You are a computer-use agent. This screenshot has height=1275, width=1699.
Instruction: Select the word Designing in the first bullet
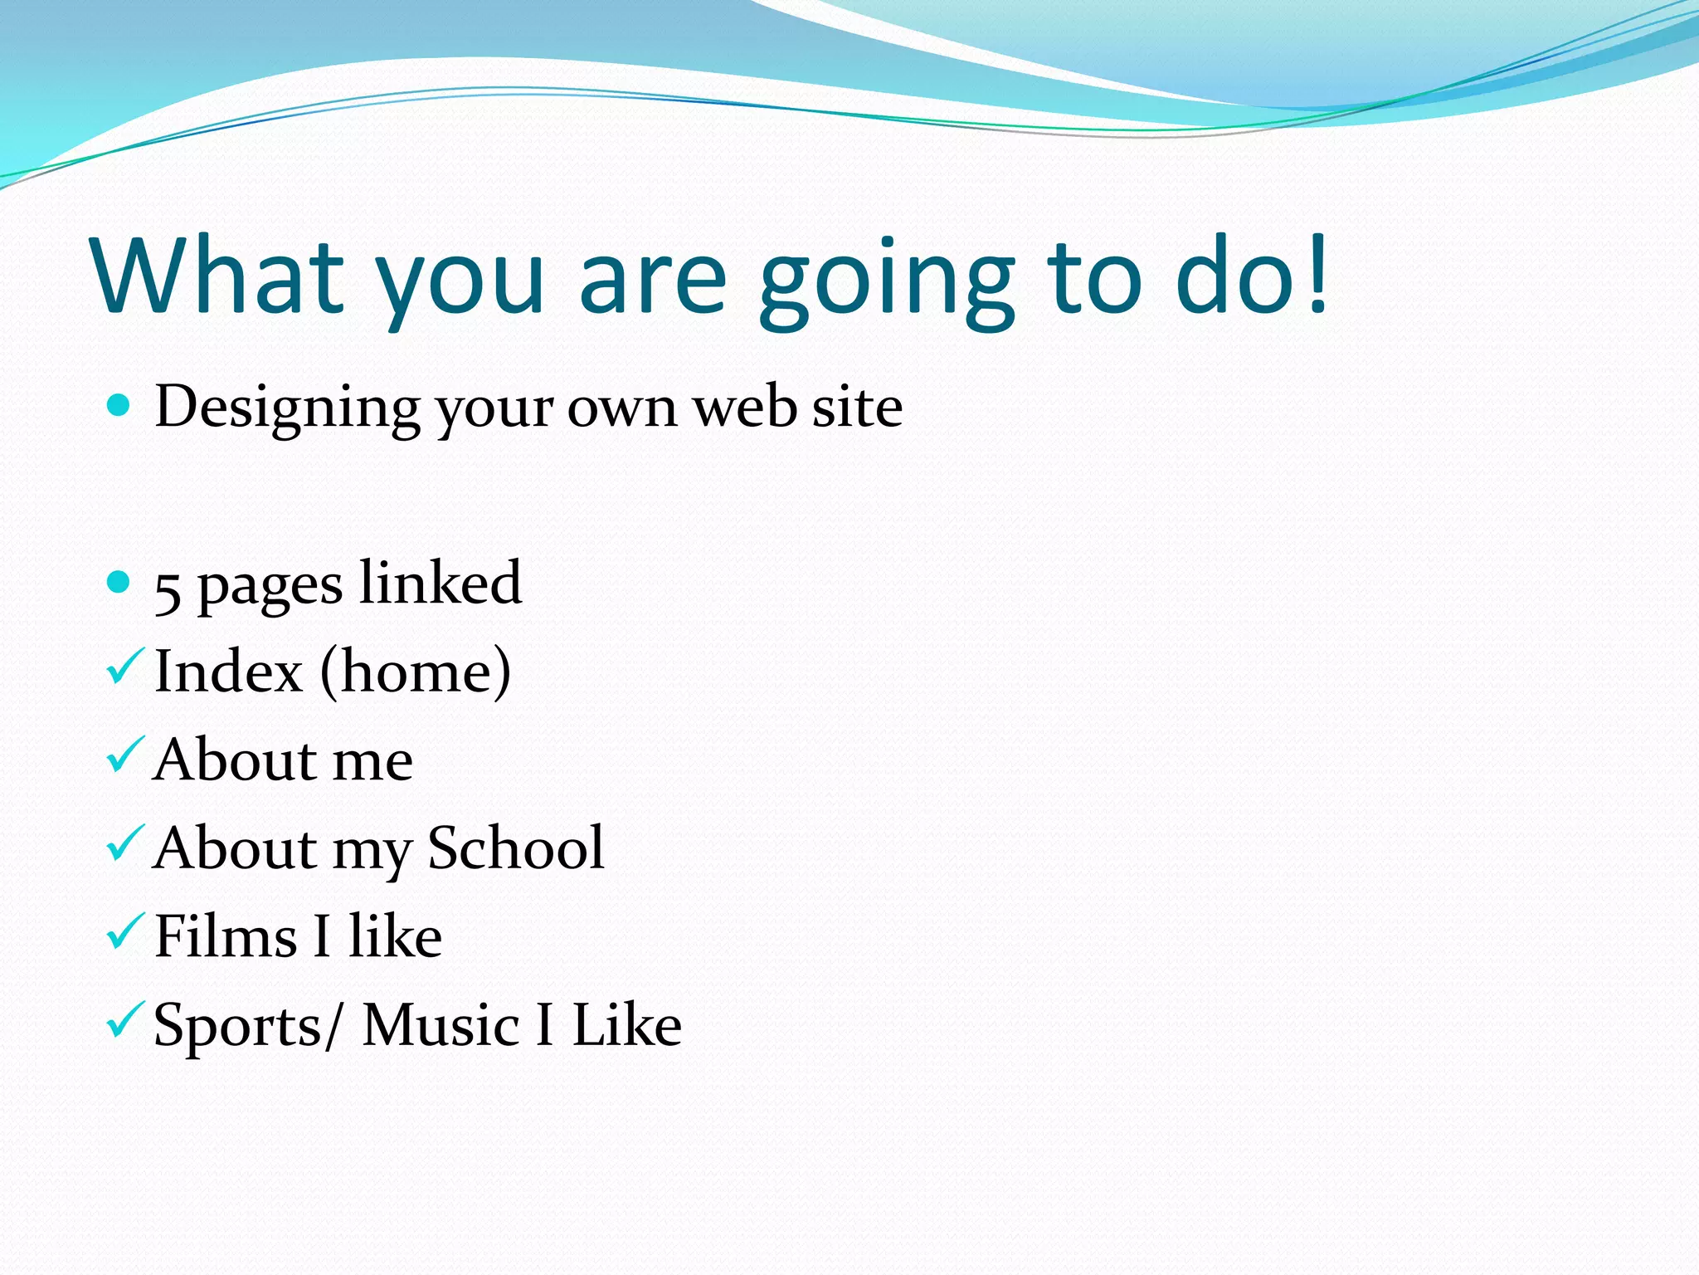pyautogui.click(x=287, y=408)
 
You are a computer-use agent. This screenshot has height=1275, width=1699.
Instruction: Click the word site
pyautogui.click(x=857, y=408)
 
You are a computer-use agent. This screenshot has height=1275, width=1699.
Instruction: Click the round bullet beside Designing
pyautogui.click(x=119, y=405)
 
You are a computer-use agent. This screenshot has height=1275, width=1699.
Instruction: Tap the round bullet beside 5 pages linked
pyautogui.click(x=119, y=581)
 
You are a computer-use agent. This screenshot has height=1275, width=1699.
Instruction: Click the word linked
pyautogui.click(x=441, y=583)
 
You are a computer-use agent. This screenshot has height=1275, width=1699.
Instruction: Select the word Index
pyautogui.click(x=228, y=672)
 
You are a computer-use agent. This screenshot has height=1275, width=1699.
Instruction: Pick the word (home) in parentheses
pyautogui.click(x=415, y=672)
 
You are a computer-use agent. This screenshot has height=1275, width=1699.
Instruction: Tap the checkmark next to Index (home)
pyautogui.click(x=125, y=667)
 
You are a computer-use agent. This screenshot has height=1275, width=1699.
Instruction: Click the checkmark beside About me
pyautogui.click(x=125, y=755)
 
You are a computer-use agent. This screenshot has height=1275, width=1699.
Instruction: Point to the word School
pyautogui.click(x=516, y=848)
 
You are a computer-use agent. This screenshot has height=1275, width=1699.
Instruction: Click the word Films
pyautogui.click(x=225, y=936)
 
